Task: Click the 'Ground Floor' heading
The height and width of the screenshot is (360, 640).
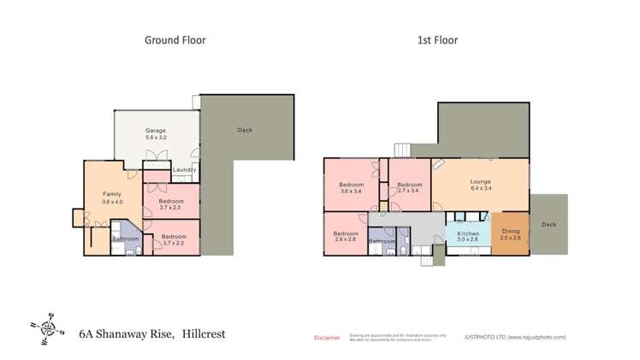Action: click(175, 39)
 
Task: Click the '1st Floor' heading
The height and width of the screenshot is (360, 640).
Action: click(436, 39)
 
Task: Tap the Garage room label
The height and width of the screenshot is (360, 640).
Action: click(156, 130)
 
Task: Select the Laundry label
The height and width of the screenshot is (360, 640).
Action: click(184, 170)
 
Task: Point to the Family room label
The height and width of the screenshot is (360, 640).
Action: click(113, 194)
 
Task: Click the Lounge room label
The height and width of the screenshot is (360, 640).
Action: click(480, 181)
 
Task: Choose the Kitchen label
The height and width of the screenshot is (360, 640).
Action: click(468, 233)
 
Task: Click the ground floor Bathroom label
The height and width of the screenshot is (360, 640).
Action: click(126, 239)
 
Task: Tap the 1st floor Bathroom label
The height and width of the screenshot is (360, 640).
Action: click(381, 241)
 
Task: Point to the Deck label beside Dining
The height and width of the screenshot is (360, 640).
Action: click(548, 225)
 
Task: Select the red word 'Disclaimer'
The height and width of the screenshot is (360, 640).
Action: click(327, 338)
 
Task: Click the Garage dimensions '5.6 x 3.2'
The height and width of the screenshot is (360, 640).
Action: click(156, 138)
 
